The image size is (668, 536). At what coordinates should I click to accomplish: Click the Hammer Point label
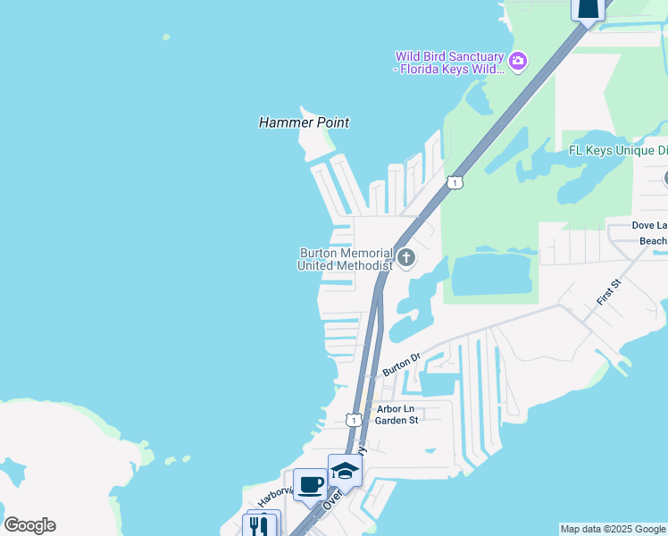pyautogui.click(x=304, y=122)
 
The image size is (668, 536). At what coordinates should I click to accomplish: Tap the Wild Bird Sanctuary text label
pyautogui.click(x=450, y=63)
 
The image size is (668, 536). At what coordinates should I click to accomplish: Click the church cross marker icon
pyautogui.click(x=406, y=259)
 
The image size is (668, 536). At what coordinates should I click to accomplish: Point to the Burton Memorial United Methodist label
pyautogui.click(x=345, y=259)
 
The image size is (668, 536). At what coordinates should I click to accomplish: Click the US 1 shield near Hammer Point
pyautogui.click(x=455, y=182)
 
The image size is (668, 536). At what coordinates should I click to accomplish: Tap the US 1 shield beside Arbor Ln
pyautogui.click(x=354, y=419)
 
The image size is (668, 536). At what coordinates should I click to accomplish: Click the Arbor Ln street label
pyautogui.click(x=396, y=409)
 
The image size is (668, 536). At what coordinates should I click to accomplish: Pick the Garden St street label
pyautogui.click(x=397, y=421)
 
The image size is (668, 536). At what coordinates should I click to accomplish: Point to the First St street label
pyautogui.click(x=609, y=291)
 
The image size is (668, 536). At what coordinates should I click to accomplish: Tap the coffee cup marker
pyautogui.click(x=310, y=484)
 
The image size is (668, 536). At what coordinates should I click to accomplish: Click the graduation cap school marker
pyautogui.click(x=344, y=470)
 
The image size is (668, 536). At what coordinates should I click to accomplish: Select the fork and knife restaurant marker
pyautogui.click(x=260, y=525)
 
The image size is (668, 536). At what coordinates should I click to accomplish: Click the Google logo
pyautogui.click(x=29, y=525)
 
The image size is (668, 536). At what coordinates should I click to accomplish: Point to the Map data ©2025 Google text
pyautogui.click(x=613, y=529)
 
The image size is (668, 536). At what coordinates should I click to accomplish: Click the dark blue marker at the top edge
pyautogui.click(x=589, y=9)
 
